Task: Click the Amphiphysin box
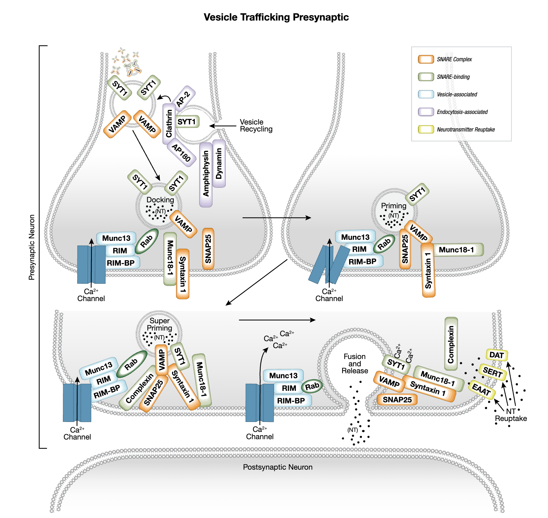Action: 206,174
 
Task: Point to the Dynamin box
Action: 219,163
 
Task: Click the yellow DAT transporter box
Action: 496,355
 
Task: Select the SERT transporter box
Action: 492,372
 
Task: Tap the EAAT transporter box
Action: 481,389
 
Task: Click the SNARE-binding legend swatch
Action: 426,77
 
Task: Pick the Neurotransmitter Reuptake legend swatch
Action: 426,129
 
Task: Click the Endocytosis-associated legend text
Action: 462,112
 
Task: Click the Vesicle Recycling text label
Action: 256,126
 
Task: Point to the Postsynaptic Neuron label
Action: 278,467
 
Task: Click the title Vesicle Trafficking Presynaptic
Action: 276,17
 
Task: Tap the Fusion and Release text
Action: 354,364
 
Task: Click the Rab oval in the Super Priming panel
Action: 131,364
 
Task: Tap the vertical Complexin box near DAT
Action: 451,344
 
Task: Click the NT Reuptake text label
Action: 511,415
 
